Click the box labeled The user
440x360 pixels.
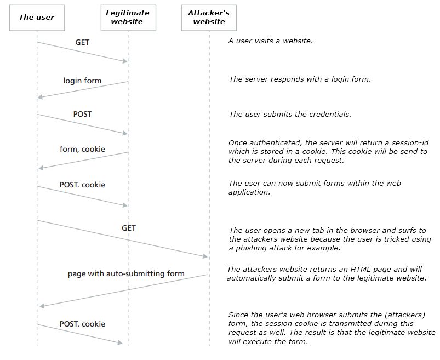tap(37, 18)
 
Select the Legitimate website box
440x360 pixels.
tap(128, 18)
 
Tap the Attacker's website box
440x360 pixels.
tap(209, 18)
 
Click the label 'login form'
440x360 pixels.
tap(82, 81)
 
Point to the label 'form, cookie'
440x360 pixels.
tap(82, 149)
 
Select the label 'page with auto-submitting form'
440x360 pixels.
tap(126, 273)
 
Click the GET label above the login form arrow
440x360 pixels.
tap(82, 42)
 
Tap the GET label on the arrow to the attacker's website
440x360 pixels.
tap(129, 228)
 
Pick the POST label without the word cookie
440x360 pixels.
tap(82, 114)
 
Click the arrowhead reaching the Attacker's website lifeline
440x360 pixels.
tap(205, 256)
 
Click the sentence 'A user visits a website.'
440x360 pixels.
tap(271, 41)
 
